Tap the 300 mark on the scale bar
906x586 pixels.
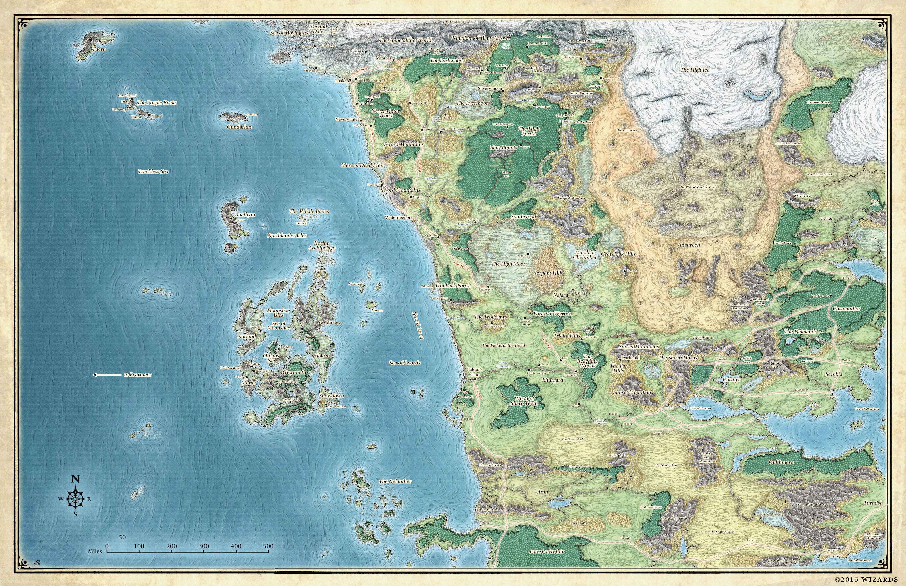click(x=204, y=546)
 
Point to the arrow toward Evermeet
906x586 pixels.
click(x=106, y=375)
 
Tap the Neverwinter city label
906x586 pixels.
click(x=347, y=119)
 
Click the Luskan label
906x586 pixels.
click(x=342, y=81)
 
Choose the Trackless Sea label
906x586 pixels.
click(x=153, y=172)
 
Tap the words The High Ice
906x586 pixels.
click(x=695, y=70)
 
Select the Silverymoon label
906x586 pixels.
click(x=490, y=88)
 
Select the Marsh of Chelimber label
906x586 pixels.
click(x=585, y=255)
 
